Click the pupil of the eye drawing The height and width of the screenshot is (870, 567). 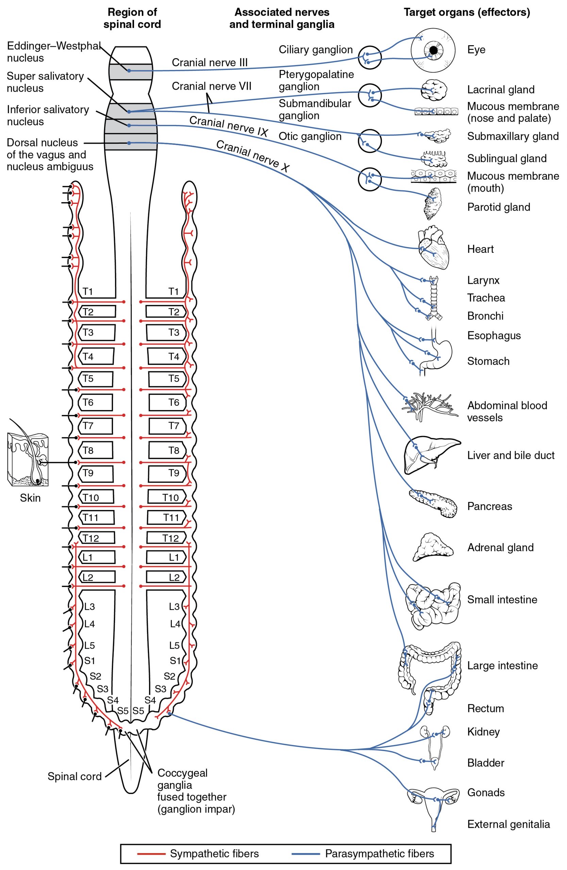(x=433, y=49)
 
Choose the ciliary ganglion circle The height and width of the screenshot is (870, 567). (x=369, y=57)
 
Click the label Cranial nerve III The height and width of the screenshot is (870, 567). (x=210, y=63)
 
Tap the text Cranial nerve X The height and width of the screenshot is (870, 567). (x=252, y=156)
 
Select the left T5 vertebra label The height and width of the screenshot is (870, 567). (x=88, y=379)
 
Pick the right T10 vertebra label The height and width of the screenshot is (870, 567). (x=170, y=498)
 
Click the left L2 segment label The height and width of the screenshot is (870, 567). (x=87, y=577)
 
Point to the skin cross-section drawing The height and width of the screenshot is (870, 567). (x=28, y=459)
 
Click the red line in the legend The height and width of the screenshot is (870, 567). (x=151, y=854)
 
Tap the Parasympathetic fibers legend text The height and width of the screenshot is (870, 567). (x=379, y=854)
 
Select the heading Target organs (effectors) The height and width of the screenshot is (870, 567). (x=466, y=13)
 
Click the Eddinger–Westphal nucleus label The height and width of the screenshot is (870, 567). (x=53, y=52)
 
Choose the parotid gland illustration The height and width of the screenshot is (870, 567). (x=433, y=204)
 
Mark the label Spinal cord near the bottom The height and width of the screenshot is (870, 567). (x=74, y=777)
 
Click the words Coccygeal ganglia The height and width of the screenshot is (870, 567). (x=182, y=779)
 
